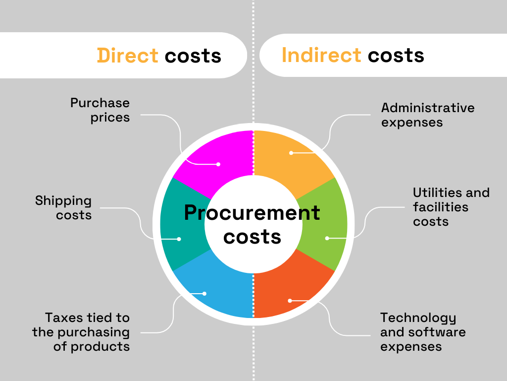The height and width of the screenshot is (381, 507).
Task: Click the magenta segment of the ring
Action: coord(223,155)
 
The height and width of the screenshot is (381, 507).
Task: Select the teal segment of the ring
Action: coord(181,224)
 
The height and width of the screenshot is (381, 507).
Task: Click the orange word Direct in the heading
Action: coord(128,56)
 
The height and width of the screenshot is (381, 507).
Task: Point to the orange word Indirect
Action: coord(321,55)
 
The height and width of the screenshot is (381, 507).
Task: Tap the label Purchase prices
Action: coord(100,110)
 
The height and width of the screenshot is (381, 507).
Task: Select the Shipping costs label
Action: coord(64,208)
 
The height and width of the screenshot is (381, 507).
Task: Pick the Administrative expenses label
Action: coord(428,115)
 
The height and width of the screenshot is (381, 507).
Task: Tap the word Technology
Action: coord(418,318)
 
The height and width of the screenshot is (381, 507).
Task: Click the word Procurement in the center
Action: coord(252,213)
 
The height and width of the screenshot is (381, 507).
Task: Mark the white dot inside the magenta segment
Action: coord(218,164)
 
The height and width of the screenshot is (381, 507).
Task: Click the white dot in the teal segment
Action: coord(179,239)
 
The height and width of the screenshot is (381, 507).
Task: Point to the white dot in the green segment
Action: coord(327,238)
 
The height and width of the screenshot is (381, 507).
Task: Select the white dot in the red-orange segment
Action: coord(290,301)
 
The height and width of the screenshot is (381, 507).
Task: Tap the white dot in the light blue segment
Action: coord(204,294)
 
